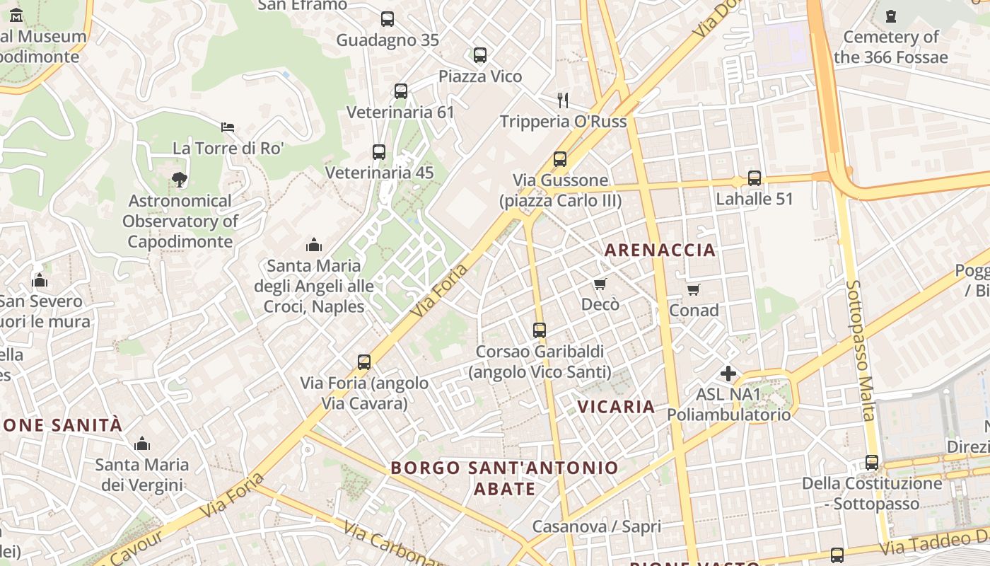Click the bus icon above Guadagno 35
coord(387,19)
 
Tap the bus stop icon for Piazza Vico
coord(480,55)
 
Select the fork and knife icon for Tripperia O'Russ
coord(563,100)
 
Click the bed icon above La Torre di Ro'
coord(228,127)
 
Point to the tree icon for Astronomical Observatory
coord(180,180)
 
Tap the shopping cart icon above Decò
coord(600,284)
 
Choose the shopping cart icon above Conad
coord(694,289)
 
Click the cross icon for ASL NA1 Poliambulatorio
coord(728,373)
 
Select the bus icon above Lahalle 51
coord(755,178)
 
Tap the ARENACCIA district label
coord(660,250)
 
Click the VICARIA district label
coord(616,407)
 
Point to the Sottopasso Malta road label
coord(861,350)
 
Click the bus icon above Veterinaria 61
coord(401,91)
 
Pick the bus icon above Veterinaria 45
coord(379,151)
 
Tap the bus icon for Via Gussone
coord(560,159)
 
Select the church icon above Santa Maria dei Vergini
coord(142,444)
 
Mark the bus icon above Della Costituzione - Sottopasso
coord(872,463)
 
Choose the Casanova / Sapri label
coord(596,526)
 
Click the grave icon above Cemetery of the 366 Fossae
coord(891,16)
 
